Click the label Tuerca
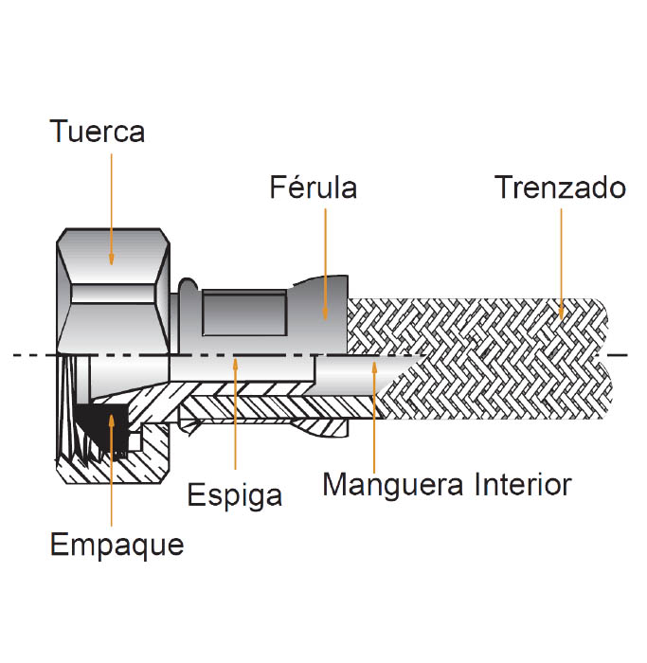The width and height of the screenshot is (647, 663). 98,131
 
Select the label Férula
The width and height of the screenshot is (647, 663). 313,188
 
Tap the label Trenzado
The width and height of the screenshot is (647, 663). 561,188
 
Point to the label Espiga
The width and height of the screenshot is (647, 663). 235,494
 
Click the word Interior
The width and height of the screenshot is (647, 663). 521,485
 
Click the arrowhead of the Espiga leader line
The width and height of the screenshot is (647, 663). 235,359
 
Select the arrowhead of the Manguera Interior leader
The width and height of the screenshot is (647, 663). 375,361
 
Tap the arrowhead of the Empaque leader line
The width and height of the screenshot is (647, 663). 111,417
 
